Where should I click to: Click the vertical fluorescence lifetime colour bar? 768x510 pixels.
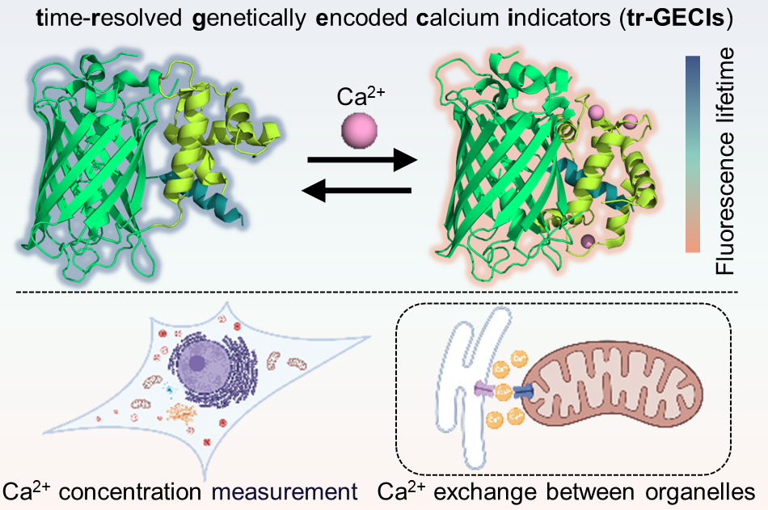[692, 154]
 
